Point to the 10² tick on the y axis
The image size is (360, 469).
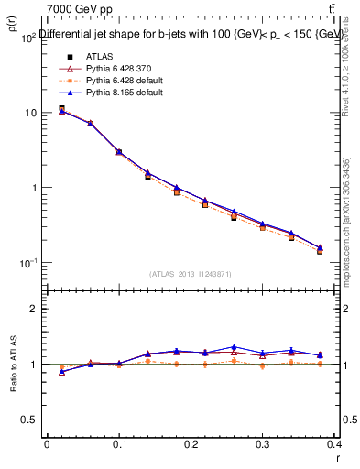(27, 38)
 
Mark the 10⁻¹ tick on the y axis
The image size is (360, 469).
(27, 263)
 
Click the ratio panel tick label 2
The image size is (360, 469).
(33, 310)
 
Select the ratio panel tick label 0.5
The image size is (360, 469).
(29, 420)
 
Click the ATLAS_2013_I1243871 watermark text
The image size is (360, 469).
(191, 274)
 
